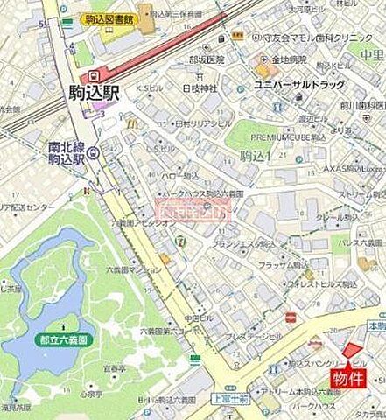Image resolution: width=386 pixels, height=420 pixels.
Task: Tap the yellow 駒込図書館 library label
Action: pos(111,18)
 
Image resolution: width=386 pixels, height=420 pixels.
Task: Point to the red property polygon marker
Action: pos(351,349)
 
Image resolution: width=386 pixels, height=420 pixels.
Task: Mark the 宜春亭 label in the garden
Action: pos(115,370)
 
